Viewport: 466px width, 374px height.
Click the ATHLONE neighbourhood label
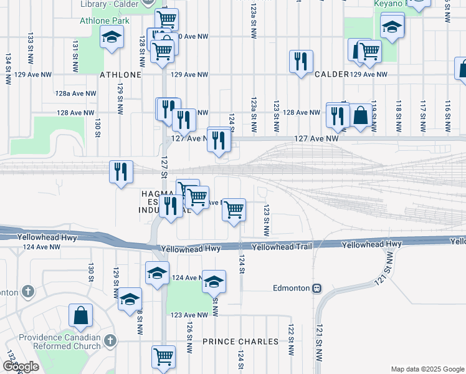tap(121, 75)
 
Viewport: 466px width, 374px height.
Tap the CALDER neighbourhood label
tap(331, 74)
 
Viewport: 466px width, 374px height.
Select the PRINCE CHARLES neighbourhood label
tap(240, 342)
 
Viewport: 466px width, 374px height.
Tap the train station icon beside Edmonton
tap(317, 289)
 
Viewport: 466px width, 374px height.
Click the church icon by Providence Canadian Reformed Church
tap(110, 340)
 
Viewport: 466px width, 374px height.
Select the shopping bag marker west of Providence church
tap(81, 316)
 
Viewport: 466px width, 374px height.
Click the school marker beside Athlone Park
tap(112, 37)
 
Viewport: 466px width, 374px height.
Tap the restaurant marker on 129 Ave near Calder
tap(301, 61)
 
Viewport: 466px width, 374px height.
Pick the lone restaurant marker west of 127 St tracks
tap(121, 171)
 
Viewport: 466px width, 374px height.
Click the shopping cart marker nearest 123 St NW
tap(234, 209)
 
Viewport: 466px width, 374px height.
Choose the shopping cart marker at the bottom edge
tap(163, 357)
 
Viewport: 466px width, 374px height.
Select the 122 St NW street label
tap(290, 340)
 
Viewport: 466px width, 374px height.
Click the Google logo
tap(21, 367)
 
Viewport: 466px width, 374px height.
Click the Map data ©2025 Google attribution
tap(426, 369)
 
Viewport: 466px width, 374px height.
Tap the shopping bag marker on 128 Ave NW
tap(360, 115)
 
